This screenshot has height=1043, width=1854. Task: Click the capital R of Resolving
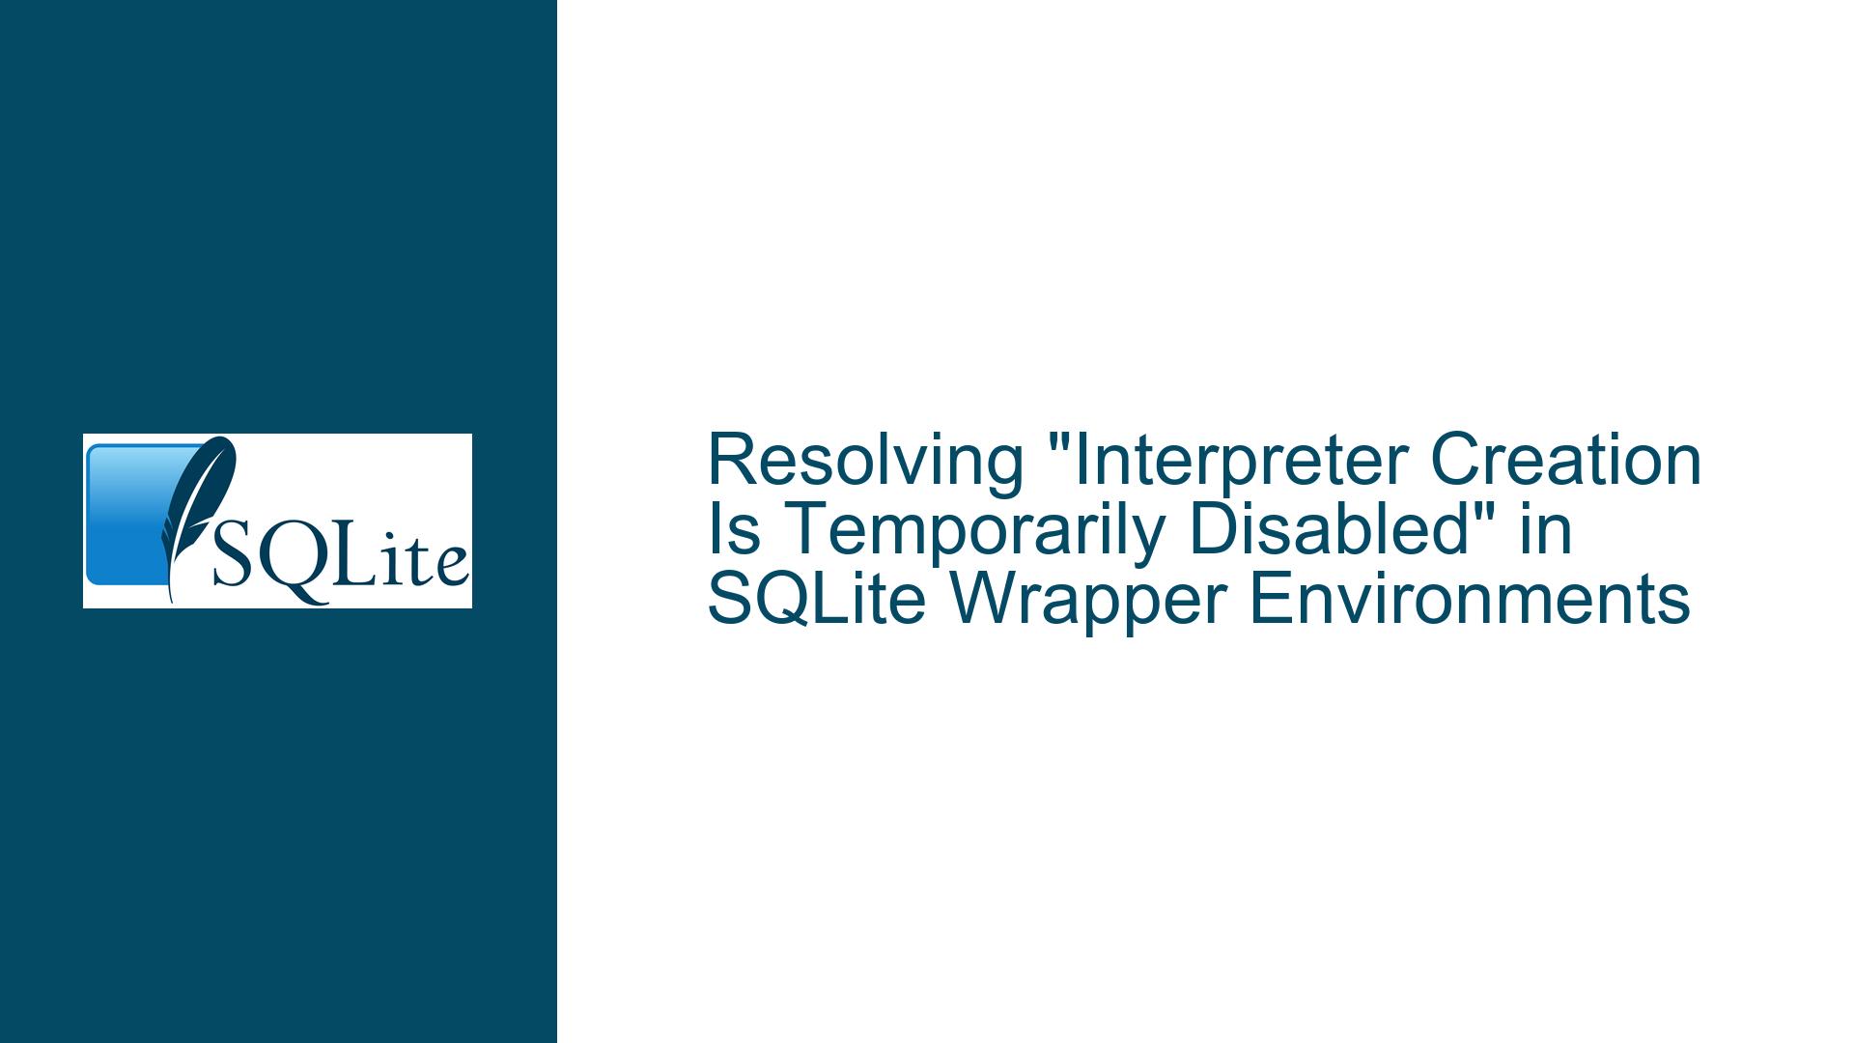(733, 461)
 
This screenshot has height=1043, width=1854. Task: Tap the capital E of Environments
(1271, 600)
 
